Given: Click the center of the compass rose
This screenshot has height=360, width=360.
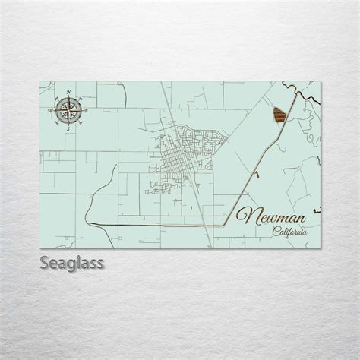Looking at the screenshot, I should pos(70,112).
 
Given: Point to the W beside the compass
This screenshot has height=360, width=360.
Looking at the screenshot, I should pos(51,112).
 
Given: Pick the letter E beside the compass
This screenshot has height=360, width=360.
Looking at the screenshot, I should pos(88,112).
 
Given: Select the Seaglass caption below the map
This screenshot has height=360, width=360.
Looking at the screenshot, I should pos(72,265).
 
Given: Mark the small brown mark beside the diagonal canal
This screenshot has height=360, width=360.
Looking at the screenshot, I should pos(257,176).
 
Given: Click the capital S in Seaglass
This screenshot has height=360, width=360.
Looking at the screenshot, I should pos(44,265).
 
